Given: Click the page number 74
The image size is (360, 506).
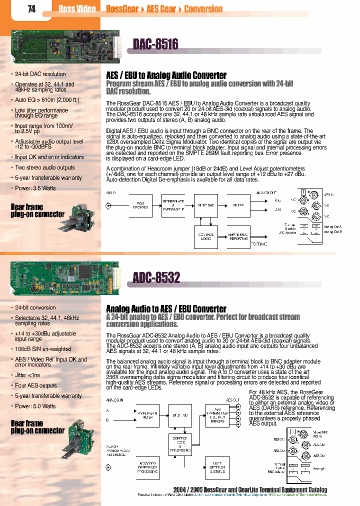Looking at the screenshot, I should pyautogui.click(x=31, y=9).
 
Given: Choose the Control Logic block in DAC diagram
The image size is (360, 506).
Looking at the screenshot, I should pyautogui.click(x=206, y=236).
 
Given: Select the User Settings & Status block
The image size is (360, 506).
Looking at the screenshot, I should pyautogui.click(x=217, y=468).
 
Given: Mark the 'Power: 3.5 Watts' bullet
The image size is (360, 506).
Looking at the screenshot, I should pyautogui.click(x=35, y=188).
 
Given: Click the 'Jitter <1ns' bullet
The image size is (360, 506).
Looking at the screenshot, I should pyautogui.click(x=27, y=374).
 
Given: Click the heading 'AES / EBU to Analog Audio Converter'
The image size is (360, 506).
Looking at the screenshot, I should pyautogui.click(x=166, y=75).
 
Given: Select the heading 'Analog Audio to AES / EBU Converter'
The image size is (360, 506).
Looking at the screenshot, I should pyautogui.click(x=166, y=309).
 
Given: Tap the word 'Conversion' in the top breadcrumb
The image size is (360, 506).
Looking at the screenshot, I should pyautogui.click(x=203, y=9).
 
